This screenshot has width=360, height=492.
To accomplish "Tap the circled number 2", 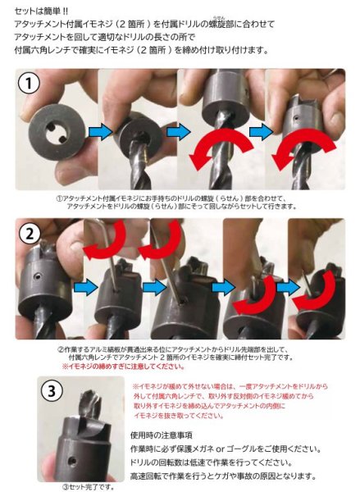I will coord(30,235).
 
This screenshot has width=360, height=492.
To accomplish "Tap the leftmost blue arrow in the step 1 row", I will coord(99,132).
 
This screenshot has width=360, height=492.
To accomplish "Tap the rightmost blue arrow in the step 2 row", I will coord(287,287).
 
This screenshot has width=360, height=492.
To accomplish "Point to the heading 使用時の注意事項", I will coord(164,435).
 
